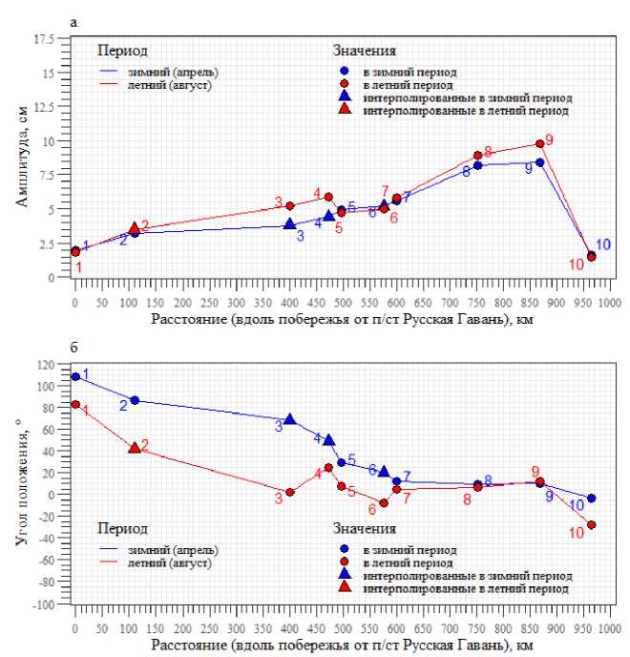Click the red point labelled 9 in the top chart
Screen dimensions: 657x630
click(x=540, y=143)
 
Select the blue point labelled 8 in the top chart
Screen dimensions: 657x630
click(x=478, y=165)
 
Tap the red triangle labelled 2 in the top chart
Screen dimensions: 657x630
click(x=135, y=228)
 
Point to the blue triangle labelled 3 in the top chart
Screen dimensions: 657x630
click(x=290, y=223)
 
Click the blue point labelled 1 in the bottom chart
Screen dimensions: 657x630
click(x=75, y=376)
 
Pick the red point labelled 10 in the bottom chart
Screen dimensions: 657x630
click(x=592, y=525)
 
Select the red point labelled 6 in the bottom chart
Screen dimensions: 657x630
click(x=385, y=503)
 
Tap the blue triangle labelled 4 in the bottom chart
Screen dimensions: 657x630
click(x=329, y=440)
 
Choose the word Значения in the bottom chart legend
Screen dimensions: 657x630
click(x=365, y=528)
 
